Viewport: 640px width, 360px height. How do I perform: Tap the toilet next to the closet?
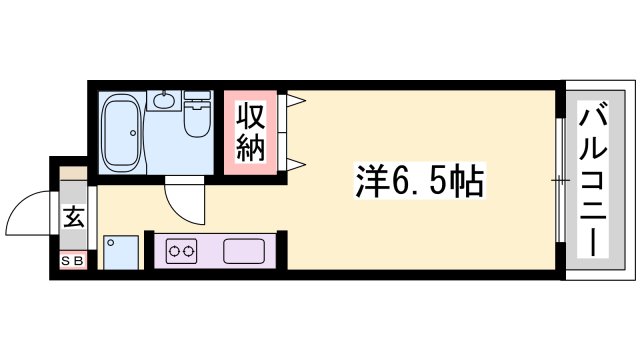click(197, 115)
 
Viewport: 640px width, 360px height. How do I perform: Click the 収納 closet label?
click(250, 134)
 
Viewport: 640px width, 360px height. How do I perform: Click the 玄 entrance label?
click(74, 215)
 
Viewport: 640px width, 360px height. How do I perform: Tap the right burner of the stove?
click(189, 250)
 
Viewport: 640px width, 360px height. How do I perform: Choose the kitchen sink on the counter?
click(243, 250)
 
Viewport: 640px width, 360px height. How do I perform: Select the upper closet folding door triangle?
click(296, 99)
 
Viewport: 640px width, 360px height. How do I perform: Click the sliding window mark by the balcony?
click(559, 180)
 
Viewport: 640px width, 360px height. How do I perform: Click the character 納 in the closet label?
click(250, 150)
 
